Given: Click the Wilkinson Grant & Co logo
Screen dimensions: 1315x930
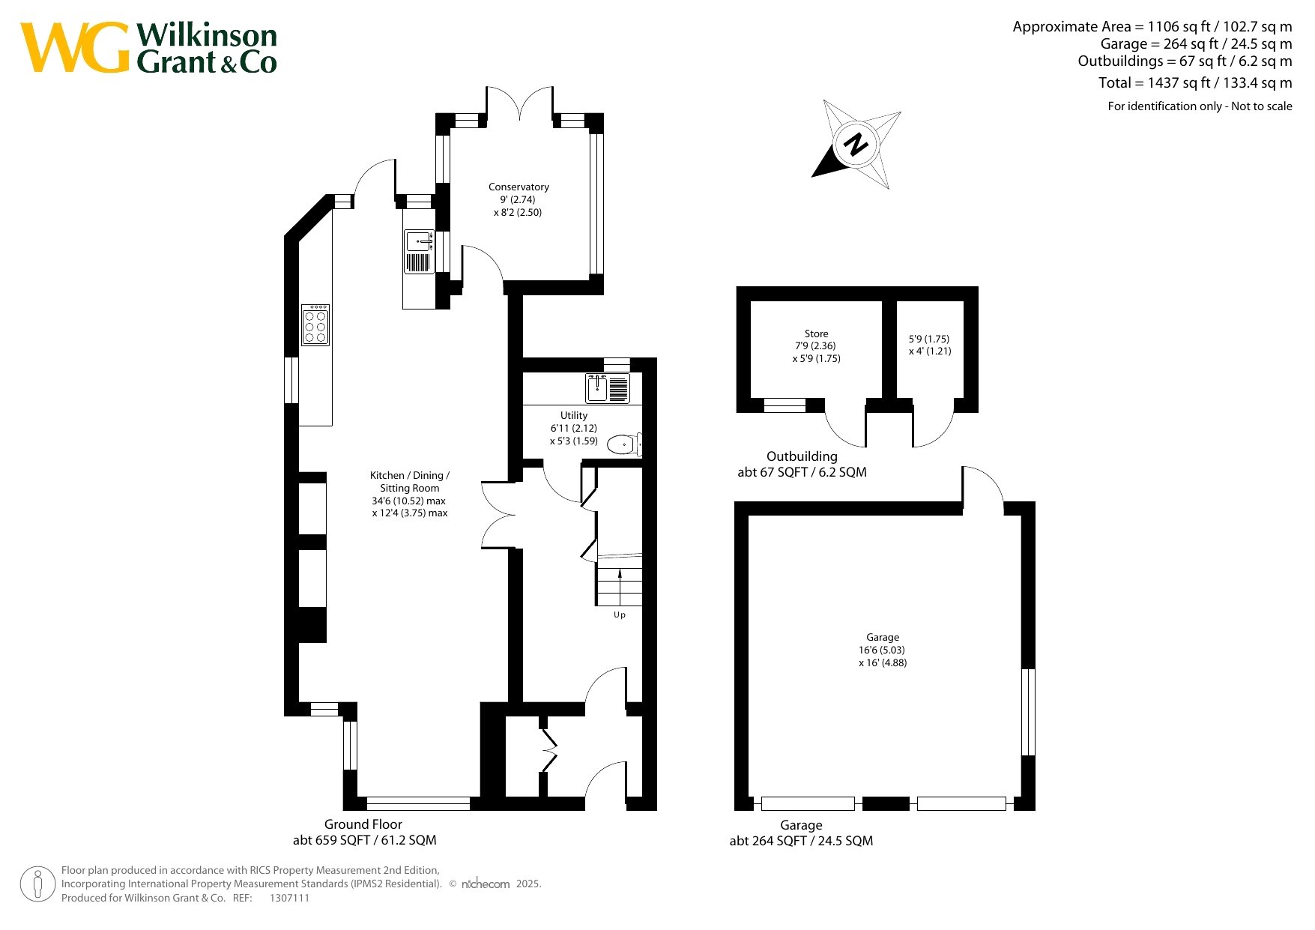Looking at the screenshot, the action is point(148,48).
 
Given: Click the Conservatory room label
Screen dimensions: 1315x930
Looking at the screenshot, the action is point(519,187).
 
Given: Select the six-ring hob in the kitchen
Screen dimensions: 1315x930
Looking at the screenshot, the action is point(315,324).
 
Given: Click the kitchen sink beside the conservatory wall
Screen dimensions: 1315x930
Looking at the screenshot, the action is point(420,252).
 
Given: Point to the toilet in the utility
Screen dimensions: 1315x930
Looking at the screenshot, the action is point(624,444).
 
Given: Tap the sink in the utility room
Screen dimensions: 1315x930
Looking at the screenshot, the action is point(608,388).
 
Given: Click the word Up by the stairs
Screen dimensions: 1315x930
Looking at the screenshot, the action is point(620,615).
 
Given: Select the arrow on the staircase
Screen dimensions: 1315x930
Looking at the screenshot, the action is point(620,574).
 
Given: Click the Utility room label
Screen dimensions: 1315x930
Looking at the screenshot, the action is point(574,415).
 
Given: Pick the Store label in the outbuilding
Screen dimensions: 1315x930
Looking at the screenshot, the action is point(817,333).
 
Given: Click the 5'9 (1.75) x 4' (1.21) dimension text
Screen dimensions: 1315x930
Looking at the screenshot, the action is point(929,345).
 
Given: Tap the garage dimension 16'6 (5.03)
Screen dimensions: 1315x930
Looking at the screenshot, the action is point(882,650).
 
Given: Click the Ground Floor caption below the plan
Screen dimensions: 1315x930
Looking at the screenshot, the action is point(363,824).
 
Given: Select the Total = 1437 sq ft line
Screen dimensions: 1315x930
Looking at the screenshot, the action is point(1195,82).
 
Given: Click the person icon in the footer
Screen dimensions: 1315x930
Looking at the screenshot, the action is point(37,884).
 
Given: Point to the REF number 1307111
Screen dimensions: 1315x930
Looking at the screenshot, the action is point(289,898).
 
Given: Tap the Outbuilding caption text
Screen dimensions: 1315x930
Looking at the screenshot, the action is point(802,456).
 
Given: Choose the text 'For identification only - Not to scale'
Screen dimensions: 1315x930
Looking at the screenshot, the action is point(1200,106).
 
